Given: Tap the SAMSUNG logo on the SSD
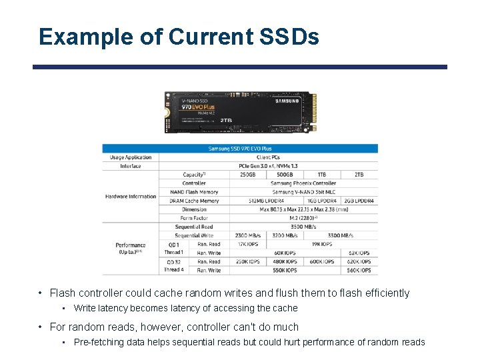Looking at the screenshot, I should click(x=287, y=101).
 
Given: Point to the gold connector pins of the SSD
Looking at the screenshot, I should click(x=307, y=111).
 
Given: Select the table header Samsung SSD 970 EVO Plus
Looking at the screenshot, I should click(x=240, y=149).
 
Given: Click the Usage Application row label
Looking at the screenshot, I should click(x=131, y=157).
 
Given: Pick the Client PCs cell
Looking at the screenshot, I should click(x=268, y=157).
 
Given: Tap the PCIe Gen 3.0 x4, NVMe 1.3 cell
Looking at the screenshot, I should click(x=268, y=166).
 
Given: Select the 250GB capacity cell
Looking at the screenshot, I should click(x=248, y=175).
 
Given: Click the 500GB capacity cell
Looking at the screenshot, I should click(x=285, y=175).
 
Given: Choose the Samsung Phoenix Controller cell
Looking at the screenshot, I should click(x=303, y=183).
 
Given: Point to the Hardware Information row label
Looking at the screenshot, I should click(x=131, y=197).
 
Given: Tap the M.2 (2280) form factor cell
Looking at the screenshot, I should click(x=303, y=218).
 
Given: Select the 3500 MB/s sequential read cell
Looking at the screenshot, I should click(x=303, y=227).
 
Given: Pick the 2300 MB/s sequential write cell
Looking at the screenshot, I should click(x=248, y=235).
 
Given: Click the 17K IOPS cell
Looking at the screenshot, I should click(x=248, y=244).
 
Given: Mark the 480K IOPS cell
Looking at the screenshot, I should click(x=285, y=262).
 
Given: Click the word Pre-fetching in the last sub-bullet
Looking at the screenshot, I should click(x=93, y=342).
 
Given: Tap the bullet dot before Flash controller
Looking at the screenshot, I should click(x=41, y=293).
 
